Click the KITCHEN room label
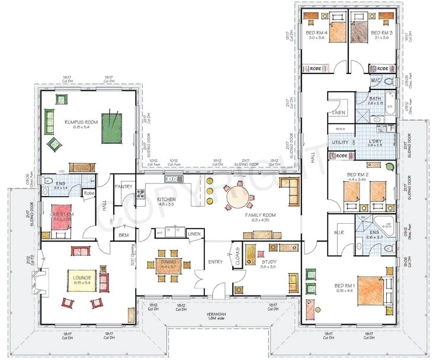(166, 200)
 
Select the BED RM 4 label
(317, 32)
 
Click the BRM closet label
(123, 235)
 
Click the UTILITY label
(340, 142)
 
